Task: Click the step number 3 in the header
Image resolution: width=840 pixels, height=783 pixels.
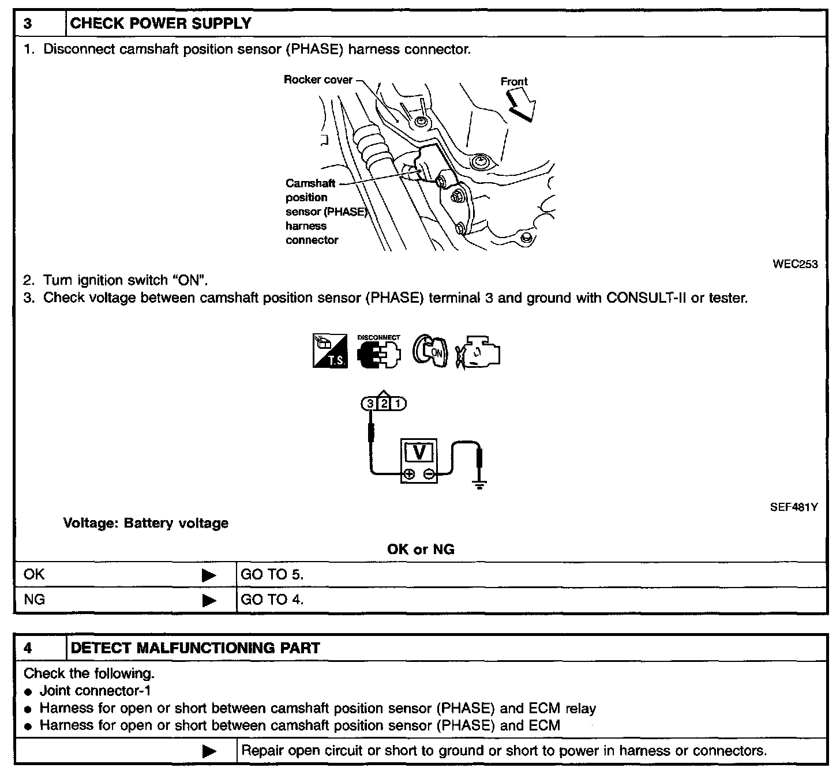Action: (x=27, y=24)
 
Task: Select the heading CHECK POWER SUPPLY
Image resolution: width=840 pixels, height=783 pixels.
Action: (x=160, y=24)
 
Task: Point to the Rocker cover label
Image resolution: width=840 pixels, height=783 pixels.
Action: (x=318, y=80)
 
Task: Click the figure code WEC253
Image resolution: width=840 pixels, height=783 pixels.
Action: (x=795, y=264)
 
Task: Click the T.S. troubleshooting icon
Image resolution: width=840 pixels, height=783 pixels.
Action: (x=330, y=351)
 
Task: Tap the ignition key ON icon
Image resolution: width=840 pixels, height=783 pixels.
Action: (x=429, y=351)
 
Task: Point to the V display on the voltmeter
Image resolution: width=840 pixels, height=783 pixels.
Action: (x=419, y=453)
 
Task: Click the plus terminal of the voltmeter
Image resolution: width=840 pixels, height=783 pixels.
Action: (x=409, y=475)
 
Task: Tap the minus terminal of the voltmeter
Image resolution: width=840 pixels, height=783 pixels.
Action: (x=429, y=475)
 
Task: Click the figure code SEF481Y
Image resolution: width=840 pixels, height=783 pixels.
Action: (x=794, y=507)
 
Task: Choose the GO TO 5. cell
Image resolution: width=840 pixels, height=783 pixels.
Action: (x=272, y=574)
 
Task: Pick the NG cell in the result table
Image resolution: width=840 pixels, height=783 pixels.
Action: (x=35, y=600)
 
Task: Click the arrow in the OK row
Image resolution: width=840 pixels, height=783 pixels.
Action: (x=209, y=575)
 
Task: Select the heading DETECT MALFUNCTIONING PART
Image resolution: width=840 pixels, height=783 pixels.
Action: (x=195, y=648)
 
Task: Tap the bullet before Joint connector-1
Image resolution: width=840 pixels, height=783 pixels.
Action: (x=28, y=692)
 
